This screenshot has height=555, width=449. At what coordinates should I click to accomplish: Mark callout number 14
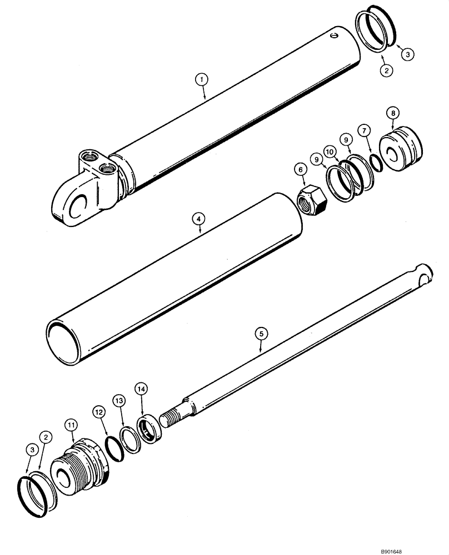141,390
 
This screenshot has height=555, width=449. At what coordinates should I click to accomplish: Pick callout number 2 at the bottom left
48,437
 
